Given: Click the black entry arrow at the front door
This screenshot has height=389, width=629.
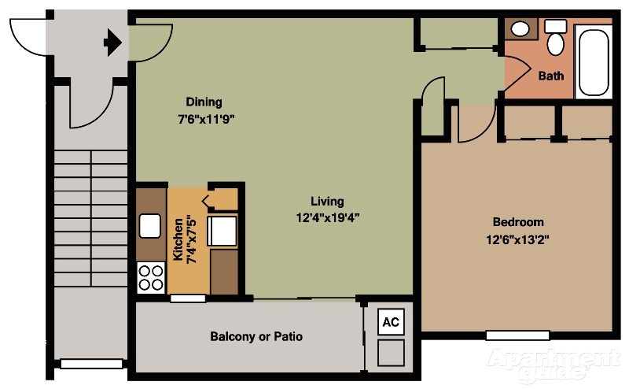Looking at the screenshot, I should click(x=112, y=42).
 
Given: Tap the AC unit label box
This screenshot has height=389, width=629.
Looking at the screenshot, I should click(x=391, y=321).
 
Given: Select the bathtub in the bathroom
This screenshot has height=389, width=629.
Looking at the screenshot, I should click(x=594, y=61).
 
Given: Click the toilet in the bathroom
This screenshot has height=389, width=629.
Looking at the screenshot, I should click(x=556, y=39).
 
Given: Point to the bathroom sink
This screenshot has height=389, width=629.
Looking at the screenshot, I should click(x=520, y=29).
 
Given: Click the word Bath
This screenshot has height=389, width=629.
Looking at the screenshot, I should click(x=550, y=76).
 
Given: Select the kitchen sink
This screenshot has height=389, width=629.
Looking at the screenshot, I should click(x=150, y=227).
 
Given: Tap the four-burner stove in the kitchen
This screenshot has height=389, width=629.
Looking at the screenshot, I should click(x=150, y=277).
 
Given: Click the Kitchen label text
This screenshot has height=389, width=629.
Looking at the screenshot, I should click(x=178, y=240).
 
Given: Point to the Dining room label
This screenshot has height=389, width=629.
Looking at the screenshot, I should click(x=204, y=102).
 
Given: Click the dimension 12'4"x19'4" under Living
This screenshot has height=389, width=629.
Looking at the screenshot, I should click(x=326, y=217).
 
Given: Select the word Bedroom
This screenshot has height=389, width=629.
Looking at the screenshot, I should click(x=517, y=222).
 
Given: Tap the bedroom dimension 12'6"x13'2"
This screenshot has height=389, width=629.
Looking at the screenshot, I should click(x=517, y=239).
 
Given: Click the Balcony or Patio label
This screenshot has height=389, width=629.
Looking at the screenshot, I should click(x=256, y=336).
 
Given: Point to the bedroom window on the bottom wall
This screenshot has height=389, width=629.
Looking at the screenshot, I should click(x=517, y=335).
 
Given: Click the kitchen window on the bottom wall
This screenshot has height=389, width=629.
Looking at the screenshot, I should click(x=189, y=298).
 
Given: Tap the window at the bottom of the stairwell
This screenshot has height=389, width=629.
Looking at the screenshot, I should click(x=91, y=364).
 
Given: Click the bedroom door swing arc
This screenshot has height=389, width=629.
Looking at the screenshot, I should click(x=476, y=126).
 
